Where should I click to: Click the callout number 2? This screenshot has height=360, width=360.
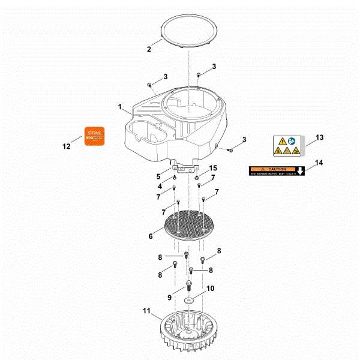(x=149, y=49)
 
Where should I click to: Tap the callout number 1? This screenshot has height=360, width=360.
(x=120, y=107)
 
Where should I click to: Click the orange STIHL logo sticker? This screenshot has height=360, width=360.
(x=93, y=136)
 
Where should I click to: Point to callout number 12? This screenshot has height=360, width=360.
(x=67, y=146)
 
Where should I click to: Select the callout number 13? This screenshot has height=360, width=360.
(x=319, y=137)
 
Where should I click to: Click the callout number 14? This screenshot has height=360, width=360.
(x=319, y=163)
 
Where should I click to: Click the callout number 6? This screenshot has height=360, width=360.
(x=151, y=236)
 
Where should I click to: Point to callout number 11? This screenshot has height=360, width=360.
(x=146, y=311)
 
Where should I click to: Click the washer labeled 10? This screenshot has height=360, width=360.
(x=189, y=298)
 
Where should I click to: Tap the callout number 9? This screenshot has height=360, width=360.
(x=170, y=297)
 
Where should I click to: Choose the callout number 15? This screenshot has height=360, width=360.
(x=212, y=167)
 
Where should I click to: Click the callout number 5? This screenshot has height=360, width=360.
(x=159, y=176)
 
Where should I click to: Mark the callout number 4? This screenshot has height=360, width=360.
(x=160, y=187)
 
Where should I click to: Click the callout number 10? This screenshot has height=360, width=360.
(x=210, y=289)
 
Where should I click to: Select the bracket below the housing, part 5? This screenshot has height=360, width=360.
(x=186, y=165)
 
